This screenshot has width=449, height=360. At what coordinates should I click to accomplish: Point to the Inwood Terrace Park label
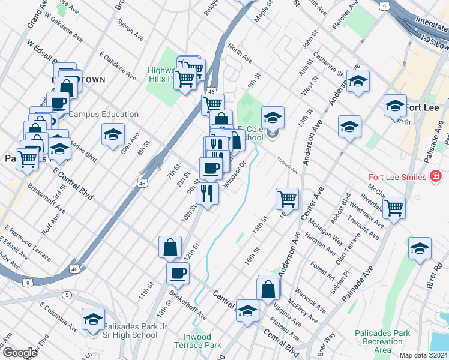pyautogui.click(x=197, y=341)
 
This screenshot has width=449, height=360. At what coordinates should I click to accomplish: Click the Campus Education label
pyautogui.click(x=103, y=114)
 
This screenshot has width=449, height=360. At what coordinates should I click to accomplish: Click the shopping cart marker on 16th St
pyautogui.click(x=288, y=198)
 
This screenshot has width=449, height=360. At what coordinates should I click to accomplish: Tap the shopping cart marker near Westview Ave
pyautogui.click(x=394, y=207)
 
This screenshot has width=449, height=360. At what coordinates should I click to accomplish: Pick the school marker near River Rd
pyautogui.click(x=420, y=248)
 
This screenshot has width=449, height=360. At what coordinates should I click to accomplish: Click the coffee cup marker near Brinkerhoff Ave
pyautogui.click(x=178, y=273)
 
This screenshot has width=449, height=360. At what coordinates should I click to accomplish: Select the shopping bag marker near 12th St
pyautogui.click(x=170, y=247)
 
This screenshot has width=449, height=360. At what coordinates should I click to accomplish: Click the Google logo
pyautogui.click(x=20, y=353)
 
